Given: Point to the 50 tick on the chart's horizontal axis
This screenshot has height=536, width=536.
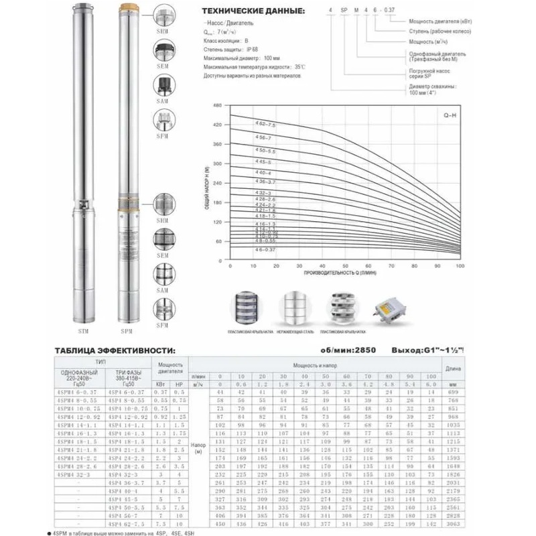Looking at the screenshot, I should click(x=345, y=266).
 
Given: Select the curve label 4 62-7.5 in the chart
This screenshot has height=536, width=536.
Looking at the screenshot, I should click(x=265, y=123).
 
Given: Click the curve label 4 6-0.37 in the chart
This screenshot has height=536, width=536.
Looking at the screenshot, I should click(x=265, y=249).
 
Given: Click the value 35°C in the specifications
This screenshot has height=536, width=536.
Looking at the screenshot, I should click(x=298, y=67).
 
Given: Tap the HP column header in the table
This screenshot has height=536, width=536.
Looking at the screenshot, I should click(x=178, y=384).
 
